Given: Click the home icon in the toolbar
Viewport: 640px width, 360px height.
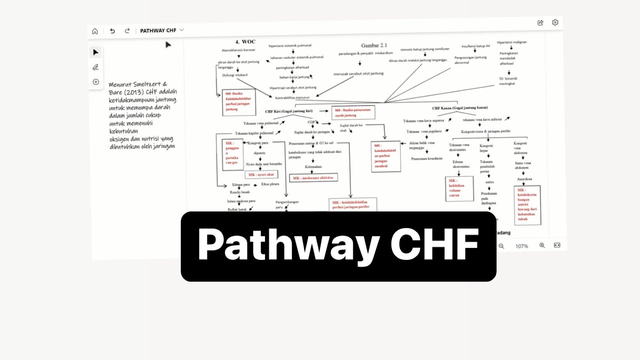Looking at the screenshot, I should [95, 31].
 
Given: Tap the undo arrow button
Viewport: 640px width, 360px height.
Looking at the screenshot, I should [112, 31].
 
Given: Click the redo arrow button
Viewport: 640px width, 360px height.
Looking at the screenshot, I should [127, 31].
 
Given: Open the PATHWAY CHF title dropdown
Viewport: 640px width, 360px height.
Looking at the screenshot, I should [181, 30].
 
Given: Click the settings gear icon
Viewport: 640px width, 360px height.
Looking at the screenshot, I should [555, 22].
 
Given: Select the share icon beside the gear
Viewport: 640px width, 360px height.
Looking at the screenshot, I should [540, 22].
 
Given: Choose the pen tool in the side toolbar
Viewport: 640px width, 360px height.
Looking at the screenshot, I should [95, 67].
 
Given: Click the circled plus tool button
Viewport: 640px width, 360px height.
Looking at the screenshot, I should [95, 82].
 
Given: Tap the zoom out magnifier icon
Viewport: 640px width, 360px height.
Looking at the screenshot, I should [501, 246].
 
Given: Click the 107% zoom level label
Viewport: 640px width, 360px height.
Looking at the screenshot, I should [521, 246].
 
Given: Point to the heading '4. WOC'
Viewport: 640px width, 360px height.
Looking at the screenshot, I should [245, 41].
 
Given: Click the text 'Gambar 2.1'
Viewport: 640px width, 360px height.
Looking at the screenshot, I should [374, 45].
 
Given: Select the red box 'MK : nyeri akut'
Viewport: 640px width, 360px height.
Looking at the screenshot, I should [261, 174].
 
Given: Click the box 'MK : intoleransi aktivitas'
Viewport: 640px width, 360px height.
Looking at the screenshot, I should [313, 177].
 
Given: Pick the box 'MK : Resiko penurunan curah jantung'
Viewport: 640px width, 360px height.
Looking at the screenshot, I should [353, 112].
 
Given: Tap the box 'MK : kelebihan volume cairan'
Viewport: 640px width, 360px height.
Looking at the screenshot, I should [459, 188].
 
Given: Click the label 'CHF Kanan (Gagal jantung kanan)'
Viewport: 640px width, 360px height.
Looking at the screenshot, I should [460, 107].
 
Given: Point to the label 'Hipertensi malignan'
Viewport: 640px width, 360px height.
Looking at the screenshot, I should [511, 42].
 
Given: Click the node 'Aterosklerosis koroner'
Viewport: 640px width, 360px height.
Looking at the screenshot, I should [239, 50].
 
